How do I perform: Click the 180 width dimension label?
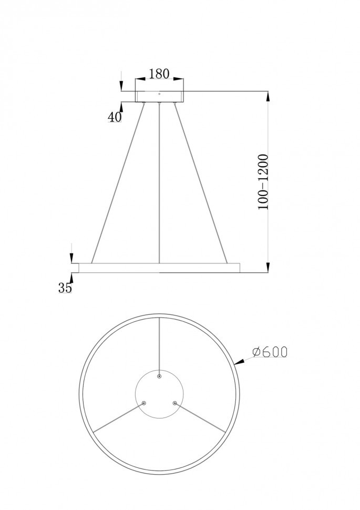pyautogui.click(x=159, y=74)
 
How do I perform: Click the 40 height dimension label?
pyautogui.click(x=115, y=117)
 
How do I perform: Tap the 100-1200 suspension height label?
pyautogui.click(x=263, y=182)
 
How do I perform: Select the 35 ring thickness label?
pyautogui.click(x=65, y=288)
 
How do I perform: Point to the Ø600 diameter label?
pyautogui.click(x=270, y=352)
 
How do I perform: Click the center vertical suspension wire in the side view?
pyautogui.click(x=159, y=184)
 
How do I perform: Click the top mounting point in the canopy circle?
pyautogui.click(x=160, y=376)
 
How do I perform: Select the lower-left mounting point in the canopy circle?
pyautogui.click(x=145, y=403)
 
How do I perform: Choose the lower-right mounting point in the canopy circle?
pyautogui.click(x=175, y=403)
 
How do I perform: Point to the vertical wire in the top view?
pyautogui.click(x=160, y=347)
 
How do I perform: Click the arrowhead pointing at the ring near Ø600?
pyautogui.click(x=238, y=362)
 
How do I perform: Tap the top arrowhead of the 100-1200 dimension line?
pyautogui.click(x=269, y=96)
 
